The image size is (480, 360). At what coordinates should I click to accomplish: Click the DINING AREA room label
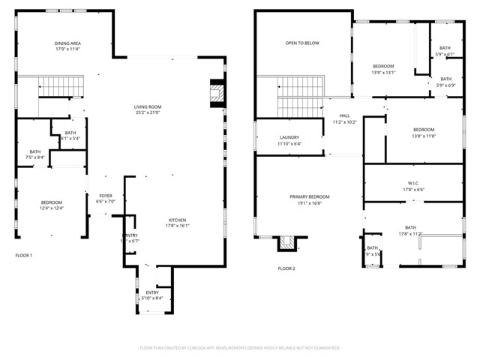(67, 43)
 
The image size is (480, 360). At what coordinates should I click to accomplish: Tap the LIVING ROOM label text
(148, 107)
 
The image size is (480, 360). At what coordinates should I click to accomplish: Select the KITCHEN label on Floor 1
(178, 220)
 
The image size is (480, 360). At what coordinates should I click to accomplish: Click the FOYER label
(105, 196)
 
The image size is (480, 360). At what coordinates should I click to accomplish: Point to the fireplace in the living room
(216, 93)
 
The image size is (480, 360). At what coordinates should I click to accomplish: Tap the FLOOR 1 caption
(24, 256)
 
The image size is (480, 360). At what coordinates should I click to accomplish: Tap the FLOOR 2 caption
(286, 268)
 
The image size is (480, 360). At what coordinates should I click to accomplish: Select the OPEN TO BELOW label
(302, 43)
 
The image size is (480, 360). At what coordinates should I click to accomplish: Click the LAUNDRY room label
(289, 137)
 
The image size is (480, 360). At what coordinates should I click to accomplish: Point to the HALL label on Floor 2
(346, 115)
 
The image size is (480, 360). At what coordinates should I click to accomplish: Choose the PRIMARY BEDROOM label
(310, 196)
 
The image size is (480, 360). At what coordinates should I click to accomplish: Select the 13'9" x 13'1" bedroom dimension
(383, 73)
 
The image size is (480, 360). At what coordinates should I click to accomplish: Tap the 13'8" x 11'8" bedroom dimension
(424, 136)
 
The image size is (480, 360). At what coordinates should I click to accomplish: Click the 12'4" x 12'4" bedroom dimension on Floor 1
(52, 208)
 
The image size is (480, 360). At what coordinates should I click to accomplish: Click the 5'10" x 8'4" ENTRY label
(152, 298)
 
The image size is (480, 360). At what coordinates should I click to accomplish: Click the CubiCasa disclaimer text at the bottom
(240, 348)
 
